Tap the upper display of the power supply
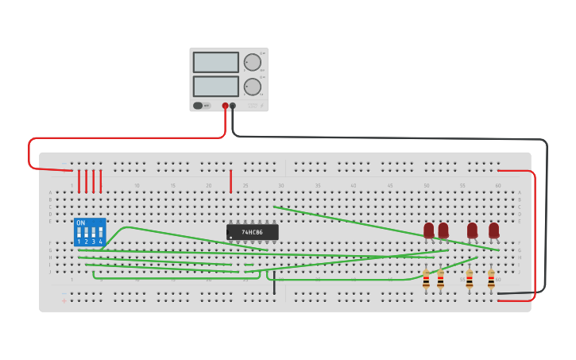click(x=215, y=62)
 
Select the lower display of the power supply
click(x=215, y=86)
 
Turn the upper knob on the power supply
click(x=252, y=62)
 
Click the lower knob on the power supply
click(x=252, y=87)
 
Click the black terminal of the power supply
click(x=233, y=105)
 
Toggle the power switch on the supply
click(x=199, y=105)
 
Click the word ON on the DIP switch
click(x=81, y=223)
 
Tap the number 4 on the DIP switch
click(x=100, y=242)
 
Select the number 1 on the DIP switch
click(x=79, y=242)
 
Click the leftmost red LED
click(x=429, y=230)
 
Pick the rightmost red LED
click(x=493, y=230)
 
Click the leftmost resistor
click(x=426, y=279)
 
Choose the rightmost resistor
click(x=491, y=279)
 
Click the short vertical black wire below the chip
click(x=274, y=285)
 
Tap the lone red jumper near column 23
click(x=231, y=181)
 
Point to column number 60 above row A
click(x=498, y=185)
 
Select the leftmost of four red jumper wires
click(x=79, y=181)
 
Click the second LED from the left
click(x=443, y=230)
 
